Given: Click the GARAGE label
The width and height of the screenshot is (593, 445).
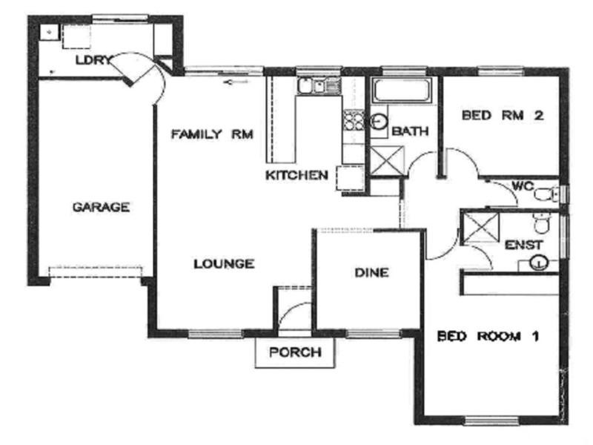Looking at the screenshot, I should (101, 207).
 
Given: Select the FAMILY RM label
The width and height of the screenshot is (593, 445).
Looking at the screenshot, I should (213, 134).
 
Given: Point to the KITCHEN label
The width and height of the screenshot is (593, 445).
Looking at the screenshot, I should (296, 176).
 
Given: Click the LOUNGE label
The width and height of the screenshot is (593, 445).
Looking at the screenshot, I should (224, 263).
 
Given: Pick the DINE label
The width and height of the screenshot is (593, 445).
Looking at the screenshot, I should (371, 273).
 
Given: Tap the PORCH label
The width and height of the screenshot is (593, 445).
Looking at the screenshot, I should (295, 352).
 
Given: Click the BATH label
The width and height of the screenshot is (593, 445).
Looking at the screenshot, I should (410, 132).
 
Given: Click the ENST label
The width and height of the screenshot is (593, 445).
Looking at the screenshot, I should (524, 245).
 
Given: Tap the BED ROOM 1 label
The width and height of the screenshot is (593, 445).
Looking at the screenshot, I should (487, 336).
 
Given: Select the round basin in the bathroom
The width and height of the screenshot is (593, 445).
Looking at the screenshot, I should (379, 122).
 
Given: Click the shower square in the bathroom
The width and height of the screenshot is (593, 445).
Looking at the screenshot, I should (385, 159).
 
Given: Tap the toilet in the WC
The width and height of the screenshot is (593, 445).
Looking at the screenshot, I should (548, 195).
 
